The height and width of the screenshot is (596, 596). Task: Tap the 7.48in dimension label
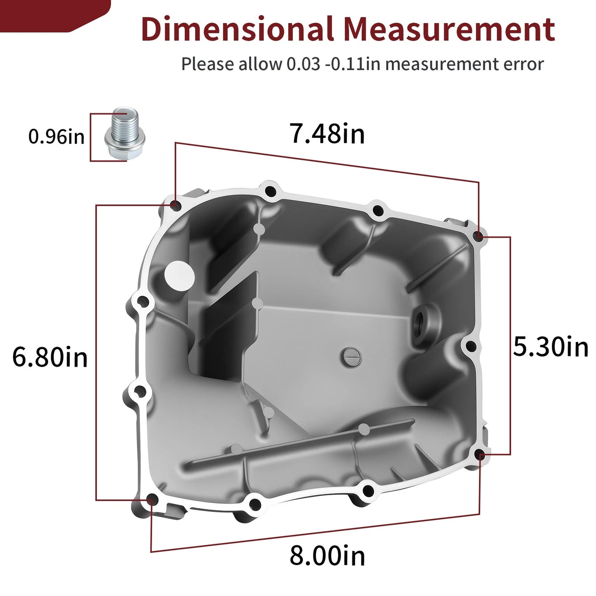(x=327, y=134)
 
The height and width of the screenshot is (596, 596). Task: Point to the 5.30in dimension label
(x=551, y=347)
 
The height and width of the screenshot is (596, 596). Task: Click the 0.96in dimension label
(x=56, y=137)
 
